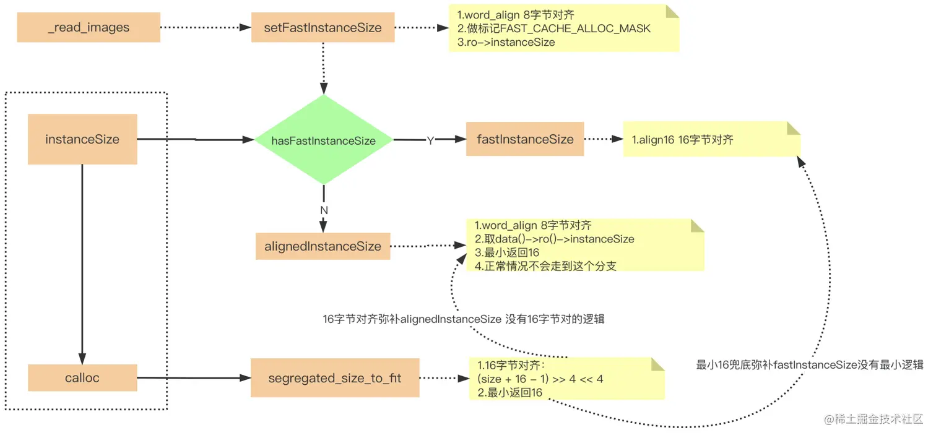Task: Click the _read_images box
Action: [x=89, y=28]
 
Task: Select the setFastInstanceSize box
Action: [x=323, y=28]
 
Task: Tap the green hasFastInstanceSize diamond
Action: [x=323, y=140]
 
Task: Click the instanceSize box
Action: [x=82, y=139]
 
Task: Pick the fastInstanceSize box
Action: [x=525, y=139]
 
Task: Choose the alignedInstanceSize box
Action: [x=323, y=246]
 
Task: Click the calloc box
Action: [x=82, y=377]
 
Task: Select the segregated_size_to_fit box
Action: [x=334, y=377]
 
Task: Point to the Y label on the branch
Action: [x=430, y=141]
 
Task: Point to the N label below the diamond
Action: [x=323, y=210]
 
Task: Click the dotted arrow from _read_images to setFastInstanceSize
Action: [x=204, y=28]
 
